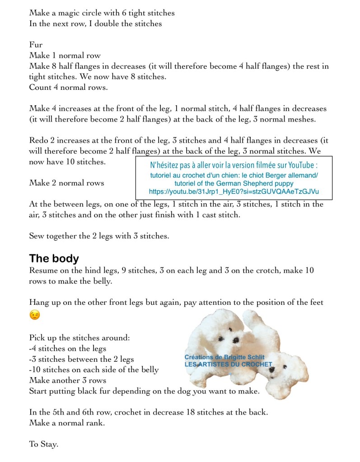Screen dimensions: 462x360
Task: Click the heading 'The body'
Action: (54, 258)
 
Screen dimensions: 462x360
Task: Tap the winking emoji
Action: (35, 315)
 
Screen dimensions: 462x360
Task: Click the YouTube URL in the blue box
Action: (234, 191)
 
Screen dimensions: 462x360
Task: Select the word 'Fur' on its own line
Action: (36, 45)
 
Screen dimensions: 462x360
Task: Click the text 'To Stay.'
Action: (44, 444)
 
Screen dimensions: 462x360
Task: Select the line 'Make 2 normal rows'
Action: (66, 183)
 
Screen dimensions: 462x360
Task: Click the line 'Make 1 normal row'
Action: (65, 56)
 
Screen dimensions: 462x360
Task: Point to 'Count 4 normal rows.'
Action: (68, 87)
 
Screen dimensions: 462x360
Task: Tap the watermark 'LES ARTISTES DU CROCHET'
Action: (228, 364)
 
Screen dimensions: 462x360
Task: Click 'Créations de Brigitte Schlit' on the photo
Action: (225, 357)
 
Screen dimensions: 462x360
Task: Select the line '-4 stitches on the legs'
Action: (68, 348)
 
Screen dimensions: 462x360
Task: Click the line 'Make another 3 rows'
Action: (67, 380)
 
